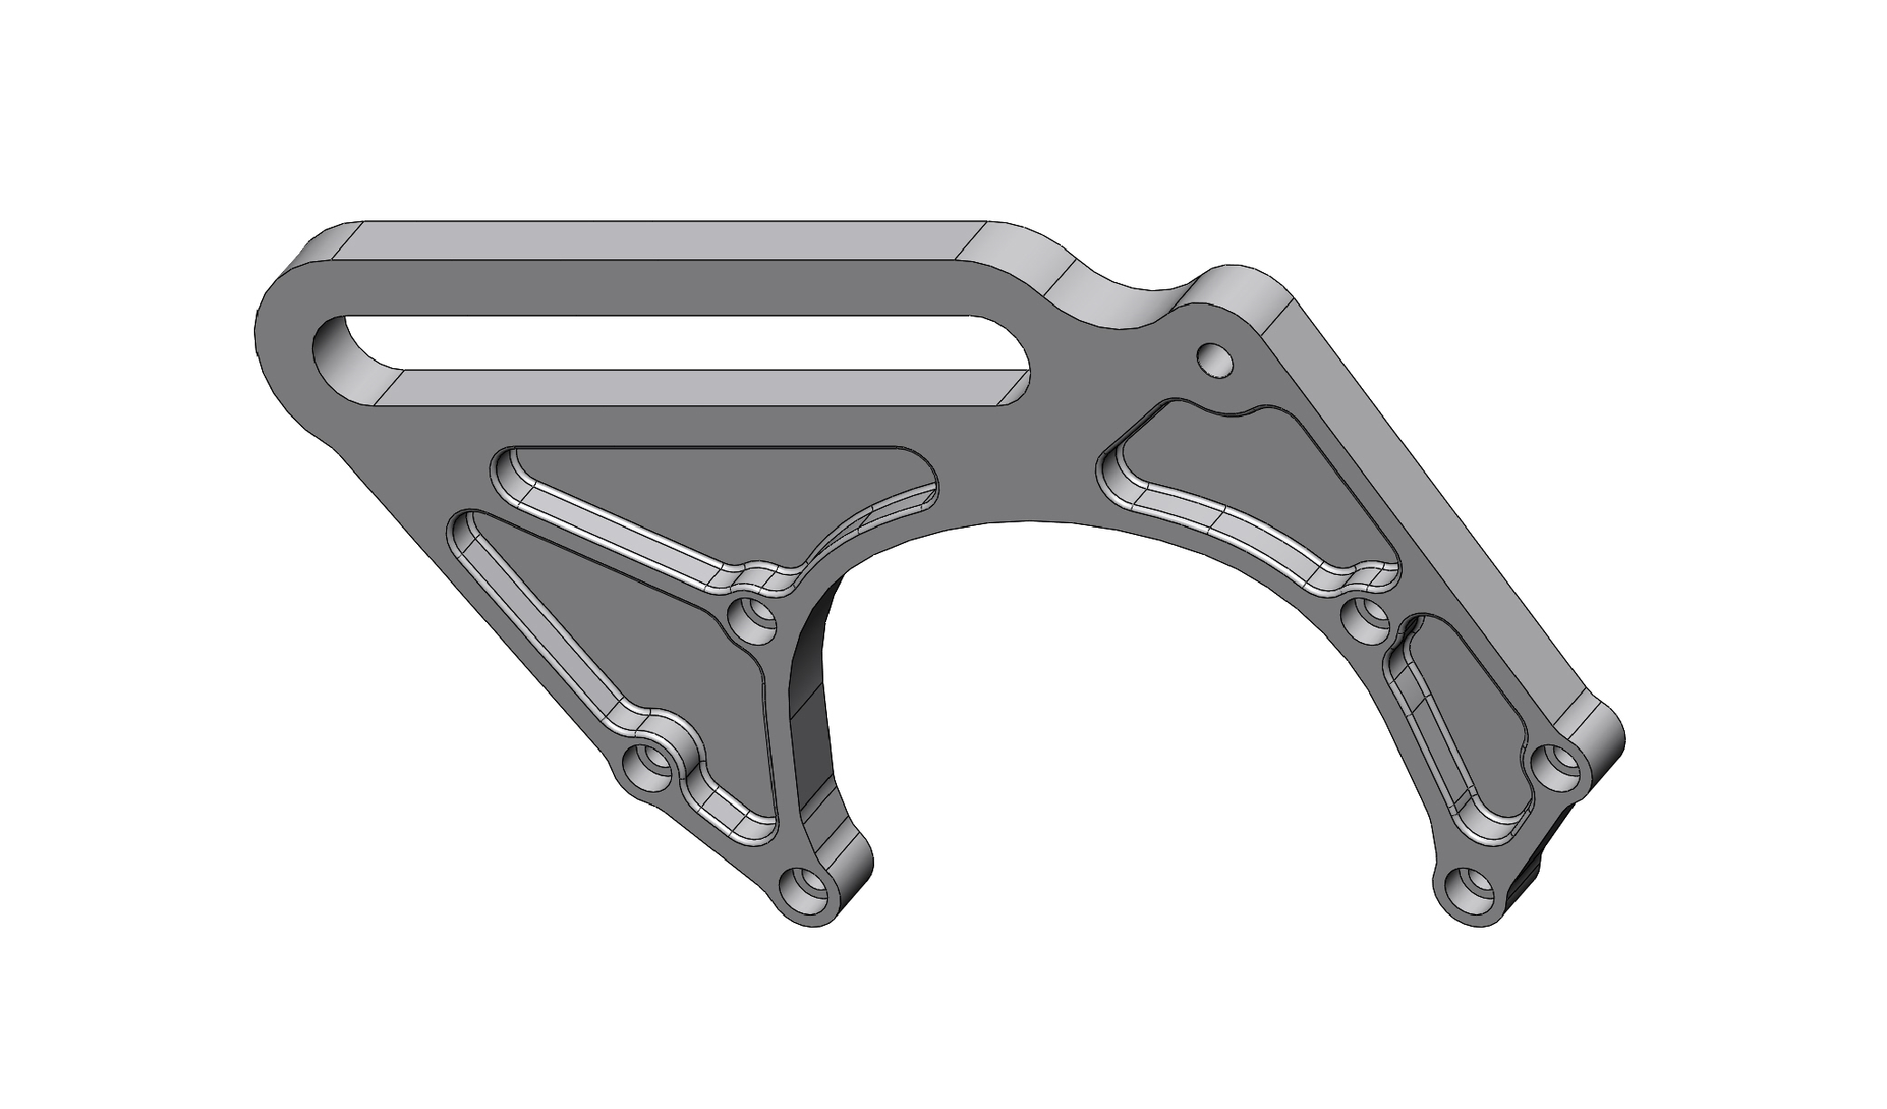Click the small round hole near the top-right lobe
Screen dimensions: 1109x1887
point(1215,360)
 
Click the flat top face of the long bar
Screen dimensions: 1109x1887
point(662,241)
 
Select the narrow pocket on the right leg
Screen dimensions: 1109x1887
point(1460,716)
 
